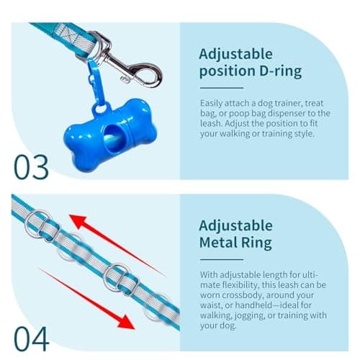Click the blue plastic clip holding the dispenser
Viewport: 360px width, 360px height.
click(x=94, y=76)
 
